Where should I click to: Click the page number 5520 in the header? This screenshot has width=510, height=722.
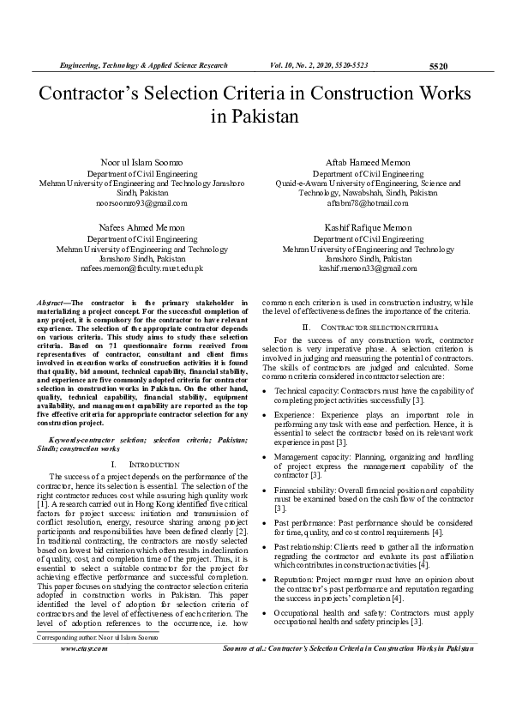pyautogui.click(x=437, y=66)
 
